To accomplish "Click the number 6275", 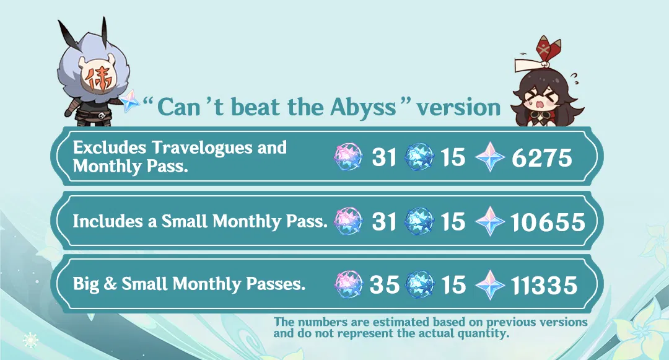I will pos(542,158).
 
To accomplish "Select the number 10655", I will pos(548,222).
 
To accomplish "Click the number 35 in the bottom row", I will pos(384,285).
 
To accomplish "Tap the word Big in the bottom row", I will pos(87,284).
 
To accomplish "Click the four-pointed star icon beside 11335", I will pos(491,285).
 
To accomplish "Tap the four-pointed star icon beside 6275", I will pos(491,158).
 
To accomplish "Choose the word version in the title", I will pos(458,108).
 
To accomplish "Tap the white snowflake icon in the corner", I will pos(30,340).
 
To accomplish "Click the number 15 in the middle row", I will pos(453,222).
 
